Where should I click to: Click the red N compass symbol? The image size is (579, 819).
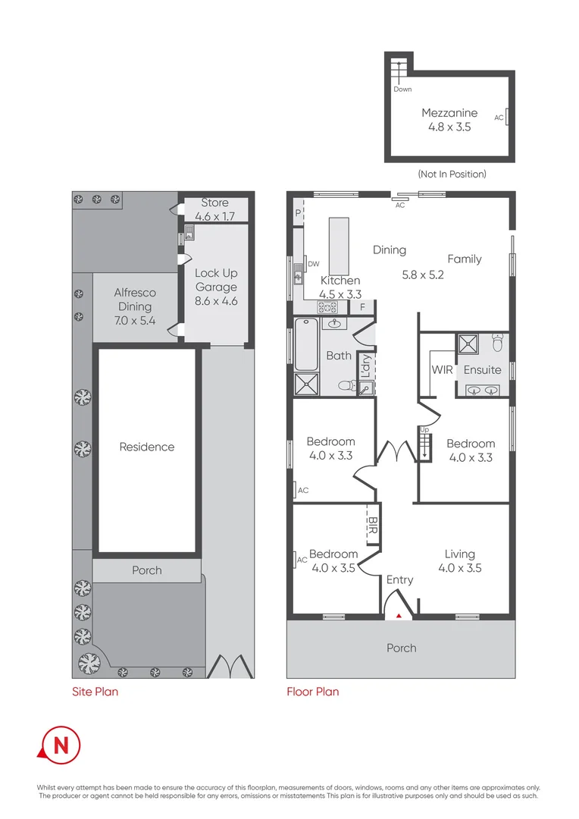coord(60,745)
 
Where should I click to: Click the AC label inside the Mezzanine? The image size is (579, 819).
coord(499,118)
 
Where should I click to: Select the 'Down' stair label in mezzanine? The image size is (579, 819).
coord(402,89)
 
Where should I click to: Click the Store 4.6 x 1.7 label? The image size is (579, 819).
coord(214,209)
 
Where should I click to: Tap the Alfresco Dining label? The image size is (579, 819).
coord(134,306)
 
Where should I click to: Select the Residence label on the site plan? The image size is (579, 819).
coord(146,447)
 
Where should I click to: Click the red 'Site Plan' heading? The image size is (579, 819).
coord(95,692)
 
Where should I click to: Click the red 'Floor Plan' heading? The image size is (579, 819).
coord(312,692)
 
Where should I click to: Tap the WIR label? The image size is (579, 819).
coord(442,370)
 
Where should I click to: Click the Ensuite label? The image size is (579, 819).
coord(482,370)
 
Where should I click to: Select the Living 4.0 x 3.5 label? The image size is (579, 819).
coord(460,560)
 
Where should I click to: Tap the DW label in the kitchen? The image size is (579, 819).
coord(313,264)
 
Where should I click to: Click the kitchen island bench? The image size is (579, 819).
coord(339,246)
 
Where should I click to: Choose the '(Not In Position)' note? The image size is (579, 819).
coord(452,174)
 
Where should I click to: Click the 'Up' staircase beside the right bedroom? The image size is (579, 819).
coord(424,443)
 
